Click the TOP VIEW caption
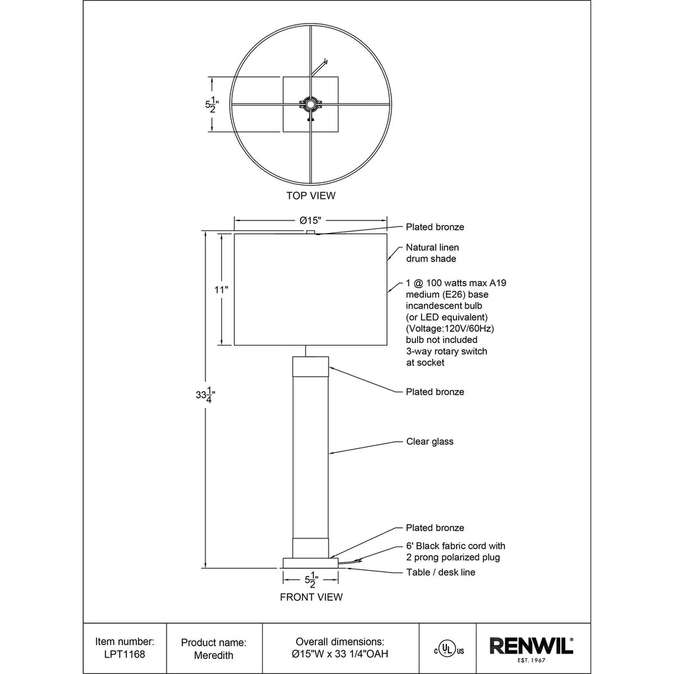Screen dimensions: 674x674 [311, 195]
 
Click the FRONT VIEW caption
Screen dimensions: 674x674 [311, 597]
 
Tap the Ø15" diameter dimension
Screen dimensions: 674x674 [311, 220]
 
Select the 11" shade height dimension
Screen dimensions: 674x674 [221, 290]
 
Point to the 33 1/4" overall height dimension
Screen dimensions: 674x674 [205, 395]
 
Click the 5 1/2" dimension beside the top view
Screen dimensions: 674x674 [212, 105]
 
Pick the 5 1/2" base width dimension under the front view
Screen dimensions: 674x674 [311, 580]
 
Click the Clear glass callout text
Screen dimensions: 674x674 [430, 442]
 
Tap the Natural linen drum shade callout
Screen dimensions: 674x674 [432, 253]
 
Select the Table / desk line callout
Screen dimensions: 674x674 [441, 572]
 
